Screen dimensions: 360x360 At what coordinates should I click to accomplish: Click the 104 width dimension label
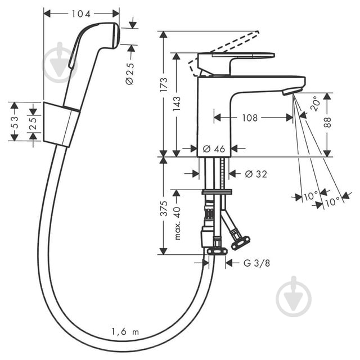(x=81, y=14)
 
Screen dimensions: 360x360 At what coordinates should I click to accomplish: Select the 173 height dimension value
(x=164, y=85)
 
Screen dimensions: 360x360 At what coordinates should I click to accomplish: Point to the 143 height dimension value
(x=177, y=103)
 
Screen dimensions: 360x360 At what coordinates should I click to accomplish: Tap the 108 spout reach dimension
(x=250, y=118)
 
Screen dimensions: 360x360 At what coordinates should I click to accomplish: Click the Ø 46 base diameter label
(x=214, y=149)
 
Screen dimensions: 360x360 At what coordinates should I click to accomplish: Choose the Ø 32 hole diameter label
(x=256, y=174)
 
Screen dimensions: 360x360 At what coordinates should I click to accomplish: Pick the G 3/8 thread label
(x=256, y=263)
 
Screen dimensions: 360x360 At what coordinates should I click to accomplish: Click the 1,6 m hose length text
(x=125, y=332)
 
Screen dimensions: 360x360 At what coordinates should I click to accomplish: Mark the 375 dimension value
(x=164, y=209)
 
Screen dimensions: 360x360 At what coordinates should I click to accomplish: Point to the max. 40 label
(x=177, y=223)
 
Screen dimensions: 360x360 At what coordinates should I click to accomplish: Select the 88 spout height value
(x=327, y=123)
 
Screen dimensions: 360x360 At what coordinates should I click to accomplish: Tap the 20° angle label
(x=316, y=103)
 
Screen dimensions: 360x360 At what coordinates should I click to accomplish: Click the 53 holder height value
(x=14, y=122)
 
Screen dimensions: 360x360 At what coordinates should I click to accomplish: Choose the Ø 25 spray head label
(x=130, y=74)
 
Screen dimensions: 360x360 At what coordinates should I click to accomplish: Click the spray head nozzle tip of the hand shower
(x=116, y=35)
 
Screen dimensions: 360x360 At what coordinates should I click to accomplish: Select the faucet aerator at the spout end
(x=290, y=91)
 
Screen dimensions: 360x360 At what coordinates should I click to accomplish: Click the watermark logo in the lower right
(x=294, y=296)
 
